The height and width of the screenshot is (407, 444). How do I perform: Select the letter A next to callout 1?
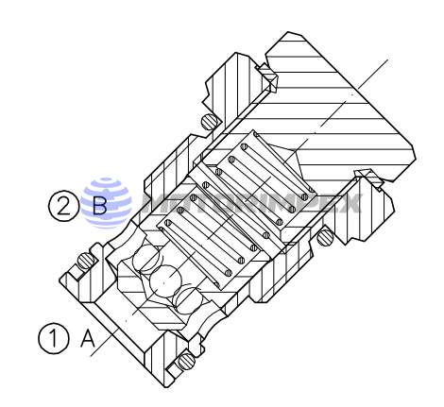point(90,338)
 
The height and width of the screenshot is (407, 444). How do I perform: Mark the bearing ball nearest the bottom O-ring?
point(187,304)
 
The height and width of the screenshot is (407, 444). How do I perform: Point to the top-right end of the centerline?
point(387,59)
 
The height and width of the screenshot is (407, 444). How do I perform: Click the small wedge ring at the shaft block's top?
point(268,72)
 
